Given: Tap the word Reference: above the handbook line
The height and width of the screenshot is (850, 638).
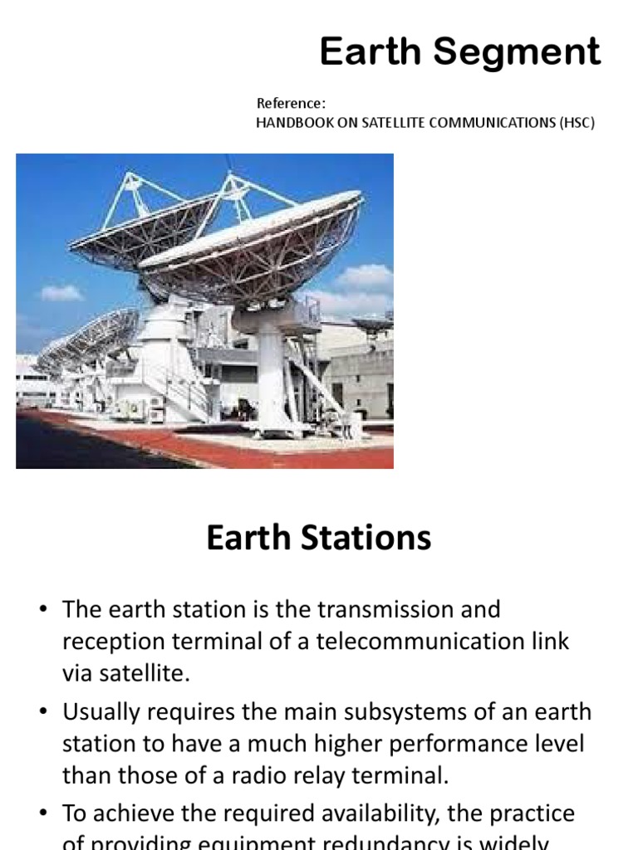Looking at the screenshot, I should [291, 104].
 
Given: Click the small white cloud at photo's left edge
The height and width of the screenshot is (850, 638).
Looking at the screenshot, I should [61, 292].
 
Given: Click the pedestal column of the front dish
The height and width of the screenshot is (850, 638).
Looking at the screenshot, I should [272, 365].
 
